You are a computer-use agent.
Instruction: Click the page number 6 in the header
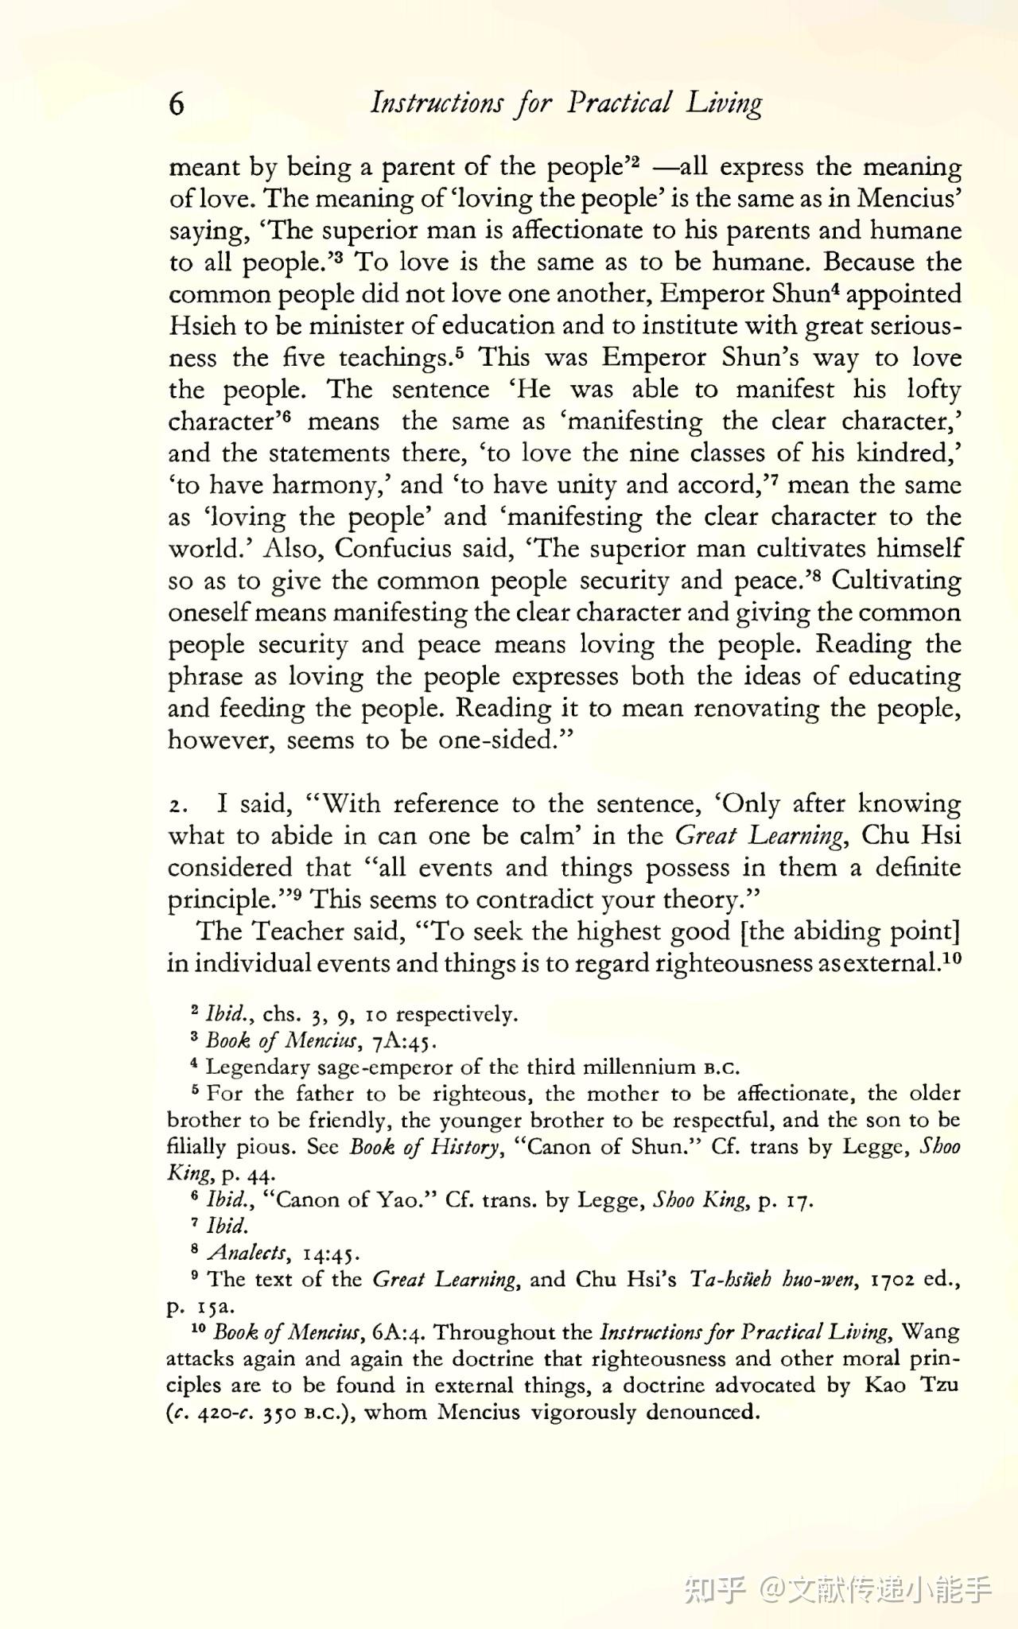click(177, 104)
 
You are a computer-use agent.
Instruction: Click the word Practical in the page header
click(620, 103)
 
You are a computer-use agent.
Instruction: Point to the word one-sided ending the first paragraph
click(495, 741)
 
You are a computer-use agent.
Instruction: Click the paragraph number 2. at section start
click(178, 806)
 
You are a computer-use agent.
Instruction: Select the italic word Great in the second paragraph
click(705, 836)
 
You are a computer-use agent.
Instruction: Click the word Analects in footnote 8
click(247, 1253)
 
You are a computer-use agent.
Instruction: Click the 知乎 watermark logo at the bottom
click(714, 1589)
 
